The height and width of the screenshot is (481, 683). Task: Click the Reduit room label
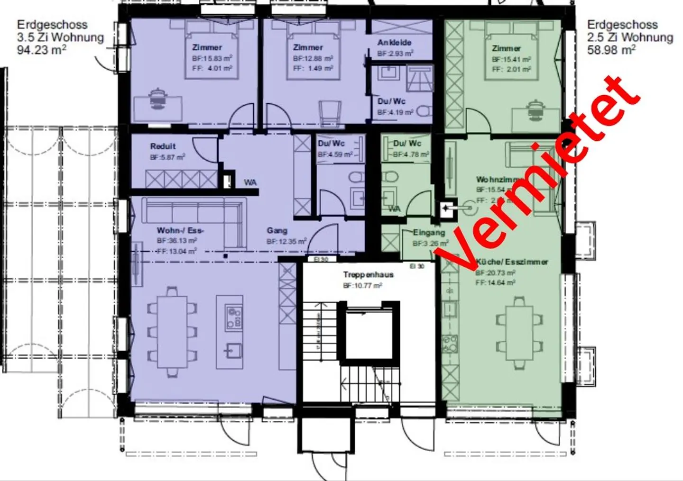[x=163, y=146]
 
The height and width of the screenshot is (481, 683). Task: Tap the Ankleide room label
[x=394, y=43]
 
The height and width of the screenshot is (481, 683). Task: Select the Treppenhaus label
[x=369, y=274]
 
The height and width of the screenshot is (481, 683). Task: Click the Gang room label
[x=277, y=231]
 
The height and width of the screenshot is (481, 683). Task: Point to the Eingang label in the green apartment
[x=429, y=233]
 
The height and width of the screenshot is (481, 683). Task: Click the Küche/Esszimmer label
[x=512, y=262]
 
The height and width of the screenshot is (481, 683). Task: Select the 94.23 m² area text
[x=42, y=50]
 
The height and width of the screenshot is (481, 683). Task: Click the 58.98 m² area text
[x=611, y=50]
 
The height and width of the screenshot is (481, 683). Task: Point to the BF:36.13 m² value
[x=177, y=241]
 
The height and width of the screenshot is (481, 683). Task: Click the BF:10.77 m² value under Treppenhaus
[x=362, y=286]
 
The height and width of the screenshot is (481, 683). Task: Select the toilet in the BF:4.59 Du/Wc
[x=356, y=178]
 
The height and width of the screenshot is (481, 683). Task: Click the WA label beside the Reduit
[x=250, y=182]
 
